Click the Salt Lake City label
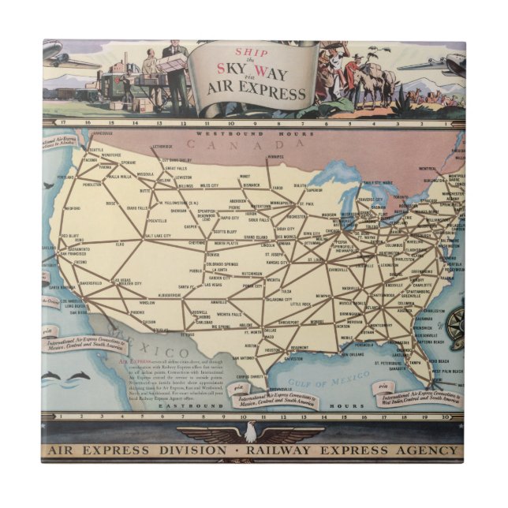click(162, 236)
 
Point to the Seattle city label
click(96, 150)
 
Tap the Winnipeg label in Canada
click(275, 156)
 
